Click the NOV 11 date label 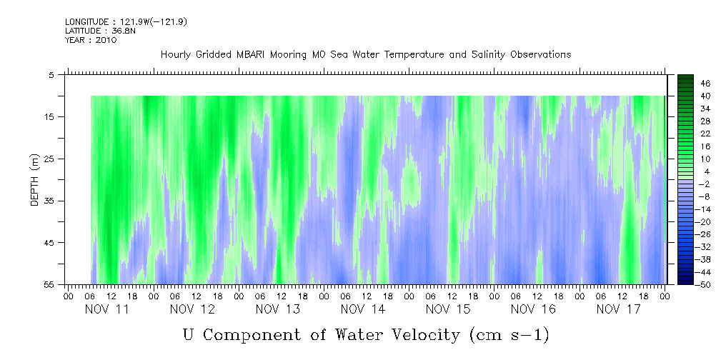107,309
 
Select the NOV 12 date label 192,309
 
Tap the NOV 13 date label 277,309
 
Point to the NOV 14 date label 362,309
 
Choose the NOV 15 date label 447,309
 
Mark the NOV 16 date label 533,309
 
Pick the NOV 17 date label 618,309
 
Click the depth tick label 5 51,74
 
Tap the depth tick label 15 49,116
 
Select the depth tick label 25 49,159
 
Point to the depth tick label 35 49,201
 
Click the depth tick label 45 49,243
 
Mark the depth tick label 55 49,285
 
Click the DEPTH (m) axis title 34,184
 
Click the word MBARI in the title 255,54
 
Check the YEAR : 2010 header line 90,40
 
